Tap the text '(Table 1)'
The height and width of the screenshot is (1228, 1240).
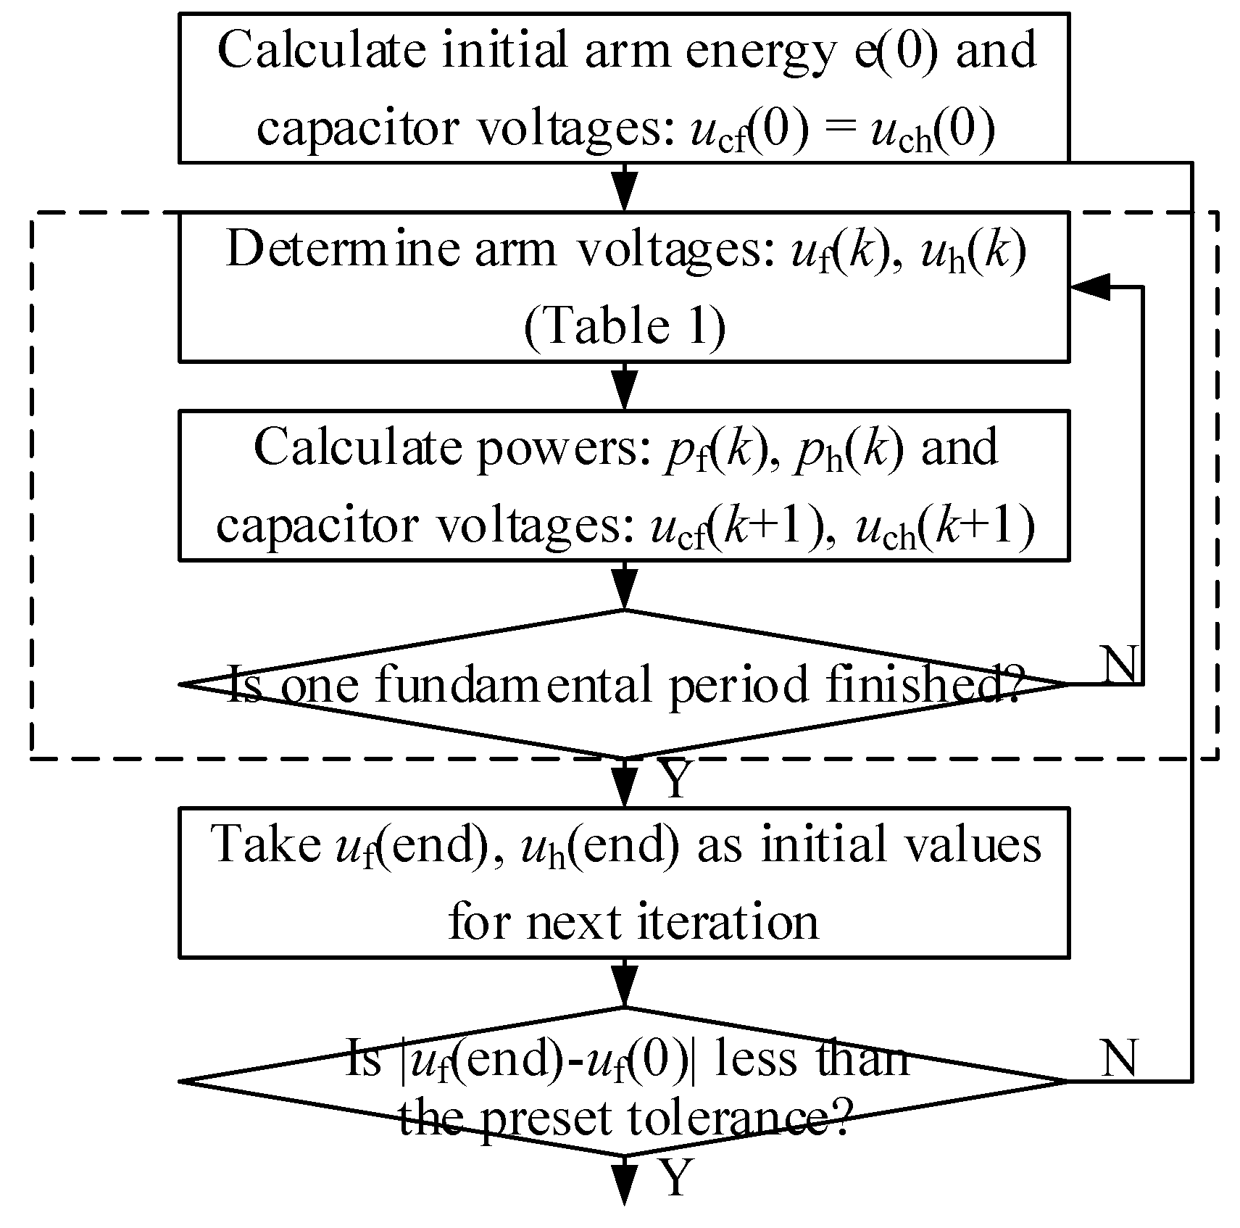pyautogui.click(x=624, y=327)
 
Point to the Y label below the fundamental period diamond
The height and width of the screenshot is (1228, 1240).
pyautogui.click(x=675, y=781)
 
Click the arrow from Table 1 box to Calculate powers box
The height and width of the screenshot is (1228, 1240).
pyautogui.click(x=624, y=386)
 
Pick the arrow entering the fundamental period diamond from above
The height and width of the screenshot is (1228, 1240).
pyautogui.click(x=624, y=586)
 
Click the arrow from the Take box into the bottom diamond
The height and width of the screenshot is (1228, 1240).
pyautogui.click(x=624, y=983)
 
